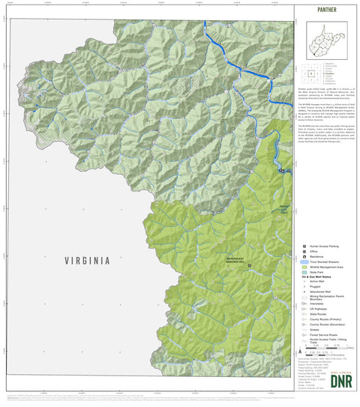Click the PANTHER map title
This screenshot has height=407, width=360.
pyautogui.click(x=326, y=10)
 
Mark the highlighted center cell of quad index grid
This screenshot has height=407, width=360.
pyautogui.click(x=311, y=73)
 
